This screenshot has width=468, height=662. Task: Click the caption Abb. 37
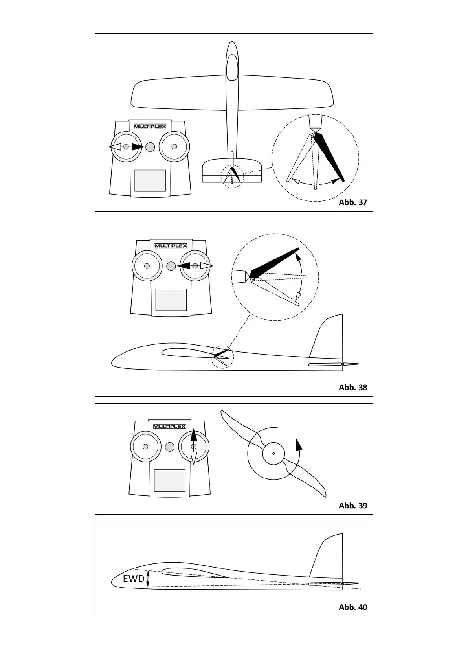click(x=352, y=202)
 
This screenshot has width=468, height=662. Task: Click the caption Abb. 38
click(x=352, y=388)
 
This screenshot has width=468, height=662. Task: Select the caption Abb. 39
click(x=352, y=506)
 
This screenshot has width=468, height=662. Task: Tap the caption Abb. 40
click(x=352, y=607)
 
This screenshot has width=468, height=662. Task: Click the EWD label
click(x=134, y=579)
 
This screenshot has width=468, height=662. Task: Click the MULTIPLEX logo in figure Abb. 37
click(x=150, y=126)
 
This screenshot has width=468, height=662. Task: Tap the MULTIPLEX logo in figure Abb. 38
click(x=171, y=246)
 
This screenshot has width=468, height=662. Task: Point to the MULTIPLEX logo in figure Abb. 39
click(x=169, y=427)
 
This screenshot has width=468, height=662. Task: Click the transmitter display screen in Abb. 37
click(x=150, y=180)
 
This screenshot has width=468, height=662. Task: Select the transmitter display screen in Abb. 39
click(x=170, y=480)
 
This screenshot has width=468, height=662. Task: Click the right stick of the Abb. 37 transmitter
click(x=174, y=147)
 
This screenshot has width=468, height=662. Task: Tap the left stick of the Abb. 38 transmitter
click(x=147, y=266)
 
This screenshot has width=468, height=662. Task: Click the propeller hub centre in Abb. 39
click(x=273, y=453)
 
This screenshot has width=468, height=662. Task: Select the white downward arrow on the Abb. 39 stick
click(x=193, y=457)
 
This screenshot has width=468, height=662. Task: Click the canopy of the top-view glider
click(x=232, y=65)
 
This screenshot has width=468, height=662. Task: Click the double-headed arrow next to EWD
click(x=148, y=579)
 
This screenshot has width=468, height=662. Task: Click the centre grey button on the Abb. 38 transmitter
click(x=171, y=266)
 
